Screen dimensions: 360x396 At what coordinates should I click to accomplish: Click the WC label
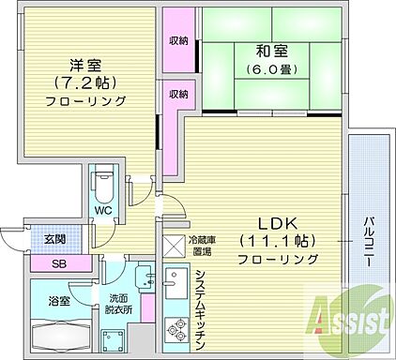(x=103, y=211)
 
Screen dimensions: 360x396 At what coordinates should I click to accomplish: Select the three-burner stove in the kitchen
(x=175, y=330)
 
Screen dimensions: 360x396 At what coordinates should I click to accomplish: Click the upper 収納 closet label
(x=178, y=40)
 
